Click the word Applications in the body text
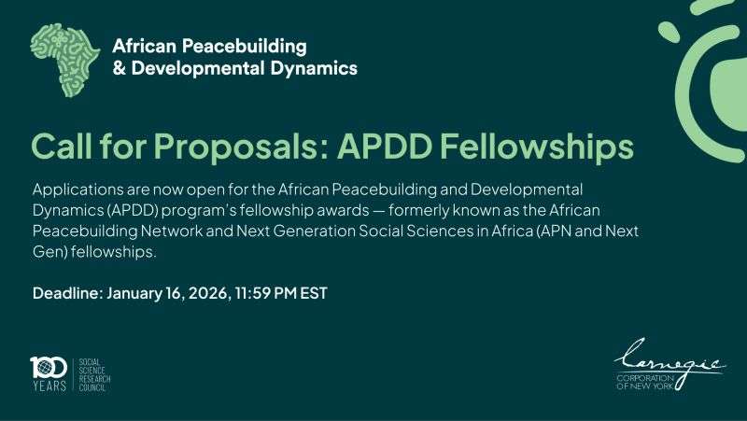pyautogui.click(x=78, y=189)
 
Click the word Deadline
pyautogui.click(x=67, y=293)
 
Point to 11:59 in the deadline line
pyautogui.click(x=254, y=293)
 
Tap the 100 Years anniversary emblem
pyautogui.click(x=48, y=372)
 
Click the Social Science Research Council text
pyautogui.click(x=94, y=373)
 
